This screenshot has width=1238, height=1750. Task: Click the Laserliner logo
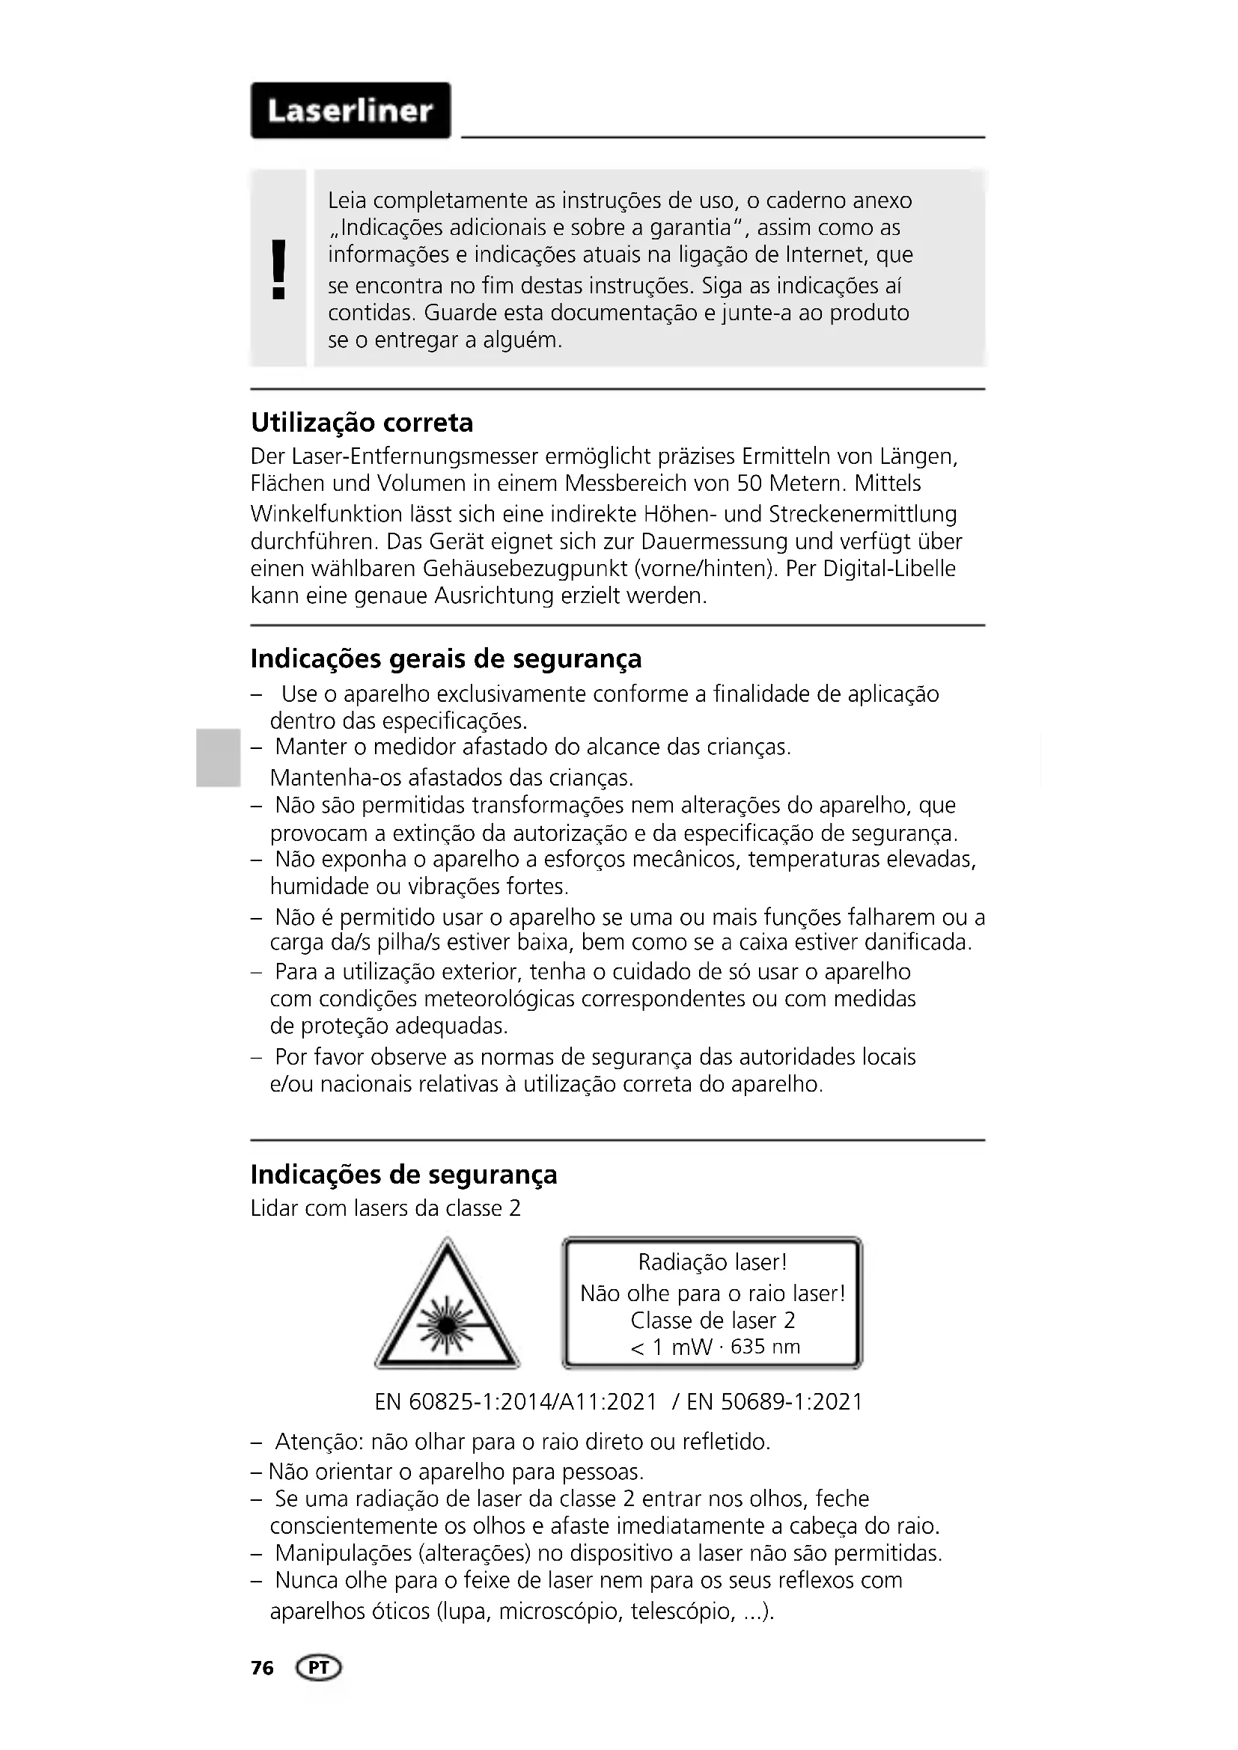(350, 111)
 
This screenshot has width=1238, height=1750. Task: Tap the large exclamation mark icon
(279, 269)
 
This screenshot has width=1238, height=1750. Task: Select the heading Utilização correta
(362, 422)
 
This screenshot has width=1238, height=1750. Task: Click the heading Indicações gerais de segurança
(446, 658)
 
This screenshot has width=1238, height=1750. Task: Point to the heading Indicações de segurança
(404, 1175)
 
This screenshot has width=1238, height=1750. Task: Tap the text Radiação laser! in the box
(712, 1262)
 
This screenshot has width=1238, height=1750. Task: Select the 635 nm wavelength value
(766, 1347)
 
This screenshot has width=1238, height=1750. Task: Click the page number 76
(262, 1668)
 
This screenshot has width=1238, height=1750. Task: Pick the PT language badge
(320, 1668)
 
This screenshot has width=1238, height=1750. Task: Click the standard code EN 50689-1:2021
(775, 1401)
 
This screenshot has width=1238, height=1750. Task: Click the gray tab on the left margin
(216, 757)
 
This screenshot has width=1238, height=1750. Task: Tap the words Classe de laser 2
(712, 1320)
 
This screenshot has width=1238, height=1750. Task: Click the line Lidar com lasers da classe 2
(385, 1209)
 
